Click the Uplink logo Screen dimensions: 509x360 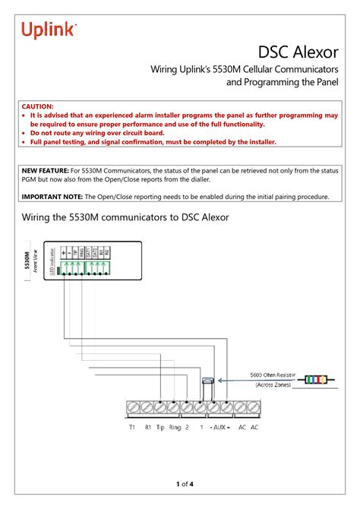(49, 30)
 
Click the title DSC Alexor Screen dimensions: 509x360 (297, 52)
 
